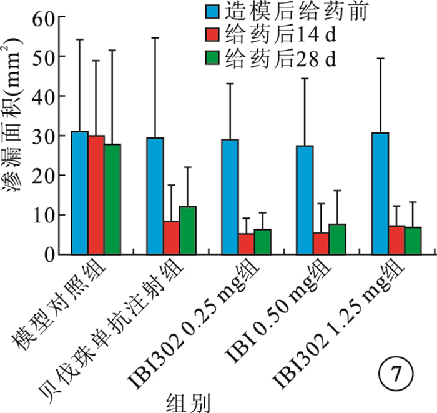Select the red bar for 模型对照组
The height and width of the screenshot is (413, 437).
click(96, 195)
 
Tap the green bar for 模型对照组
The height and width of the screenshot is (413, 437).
click(112, 199)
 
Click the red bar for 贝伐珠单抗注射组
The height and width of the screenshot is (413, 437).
click(171, 237)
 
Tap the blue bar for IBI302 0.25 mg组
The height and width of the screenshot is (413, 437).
click(230, 196)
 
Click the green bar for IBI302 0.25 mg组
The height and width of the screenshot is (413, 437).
click(262, 241)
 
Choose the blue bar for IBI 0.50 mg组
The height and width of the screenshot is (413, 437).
click(305, 199)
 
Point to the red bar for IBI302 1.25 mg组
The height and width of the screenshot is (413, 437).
click(396, 239)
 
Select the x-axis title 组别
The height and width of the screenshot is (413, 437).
click(187, 400)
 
